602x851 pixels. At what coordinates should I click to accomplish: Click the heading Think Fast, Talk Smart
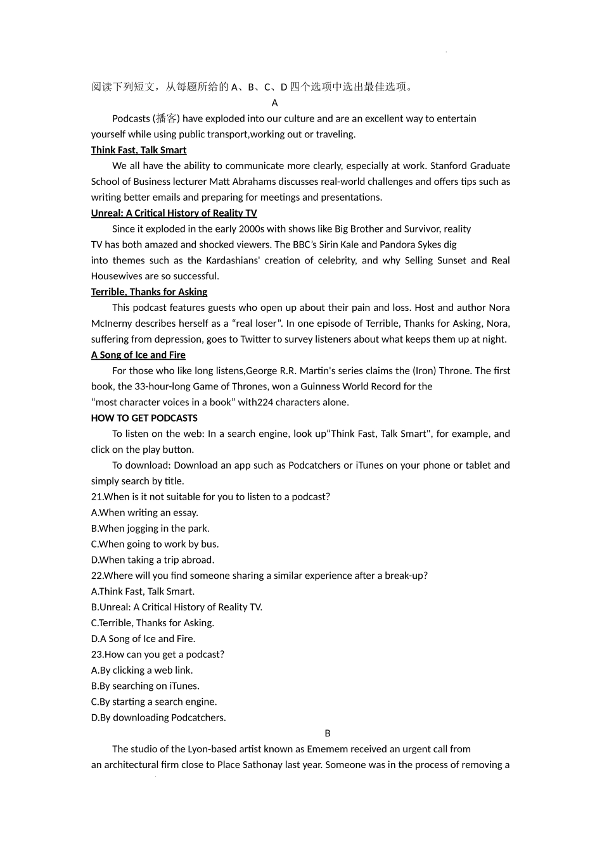point(139,150)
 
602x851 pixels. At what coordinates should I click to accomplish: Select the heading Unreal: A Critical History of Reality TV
point(174,213)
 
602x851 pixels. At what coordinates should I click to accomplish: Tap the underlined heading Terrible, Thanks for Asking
point(149,292)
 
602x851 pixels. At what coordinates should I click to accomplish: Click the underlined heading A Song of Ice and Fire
point(138,355)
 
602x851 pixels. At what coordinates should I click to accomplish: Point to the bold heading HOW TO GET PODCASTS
point(144,418)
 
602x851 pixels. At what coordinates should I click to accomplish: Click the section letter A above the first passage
point(274,103)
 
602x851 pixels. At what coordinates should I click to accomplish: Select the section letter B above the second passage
point(328,733)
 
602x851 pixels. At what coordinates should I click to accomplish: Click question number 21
point(96,497)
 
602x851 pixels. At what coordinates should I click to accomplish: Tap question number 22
point(96,576)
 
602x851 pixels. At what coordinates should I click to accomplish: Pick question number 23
point(96,655)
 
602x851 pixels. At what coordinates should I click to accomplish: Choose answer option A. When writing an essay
point(144,513)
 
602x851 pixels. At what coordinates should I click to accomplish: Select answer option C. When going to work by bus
point(155,544)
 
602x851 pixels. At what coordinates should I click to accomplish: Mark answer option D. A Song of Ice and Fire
point(143,639)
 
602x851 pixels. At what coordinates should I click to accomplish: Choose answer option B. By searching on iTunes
point(145,686)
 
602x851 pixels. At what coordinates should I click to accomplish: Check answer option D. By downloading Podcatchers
point(158,717)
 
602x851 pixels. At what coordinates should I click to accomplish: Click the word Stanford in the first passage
point(449,166)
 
